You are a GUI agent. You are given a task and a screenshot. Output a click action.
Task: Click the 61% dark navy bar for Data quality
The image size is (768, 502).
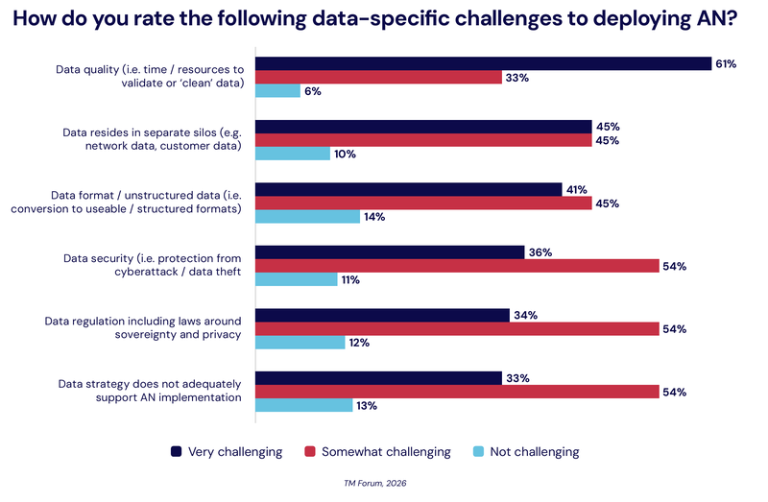[482, 63]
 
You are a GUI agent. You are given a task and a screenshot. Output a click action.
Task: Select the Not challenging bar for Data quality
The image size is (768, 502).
[277, 91]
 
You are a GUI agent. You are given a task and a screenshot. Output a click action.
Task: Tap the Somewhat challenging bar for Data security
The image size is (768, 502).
[456, 266]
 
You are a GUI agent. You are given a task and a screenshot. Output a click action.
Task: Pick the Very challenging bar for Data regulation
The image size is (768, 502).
[382, 315]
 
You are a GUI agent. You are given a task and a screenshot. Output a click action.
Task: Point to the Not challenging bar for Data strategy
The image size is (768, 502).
[303, 405]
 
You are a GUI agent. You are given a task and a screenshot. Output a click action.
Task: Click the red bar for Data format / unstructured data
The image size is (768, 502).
[422, 203]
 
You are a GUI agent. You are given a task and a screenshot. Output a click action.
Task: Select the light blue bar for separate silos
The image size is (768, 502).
[293, 154]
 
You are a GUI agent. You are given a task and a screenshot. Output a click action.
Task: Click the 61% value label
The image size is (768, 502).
[726, 63]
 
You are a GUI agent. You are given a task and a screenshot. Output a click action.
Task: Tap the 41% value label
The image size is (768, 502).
[576, 189]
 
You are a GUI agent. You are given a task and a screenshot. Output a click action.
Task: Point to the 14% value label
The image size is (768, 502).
[374, 217]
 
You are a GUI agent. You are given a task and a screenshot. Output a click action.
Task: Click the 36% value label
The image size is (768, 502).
[540, 252]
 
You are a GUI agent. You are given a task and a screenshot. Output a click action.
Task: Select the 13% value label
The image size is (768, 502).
[367, 405]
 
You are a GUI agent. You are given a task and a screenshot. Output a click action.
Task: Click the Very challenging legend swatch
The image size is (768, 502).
[177, 451]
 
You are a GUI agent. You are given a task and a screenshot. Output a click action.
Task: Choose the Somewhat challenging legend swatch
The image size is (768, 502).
[310, 451]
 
